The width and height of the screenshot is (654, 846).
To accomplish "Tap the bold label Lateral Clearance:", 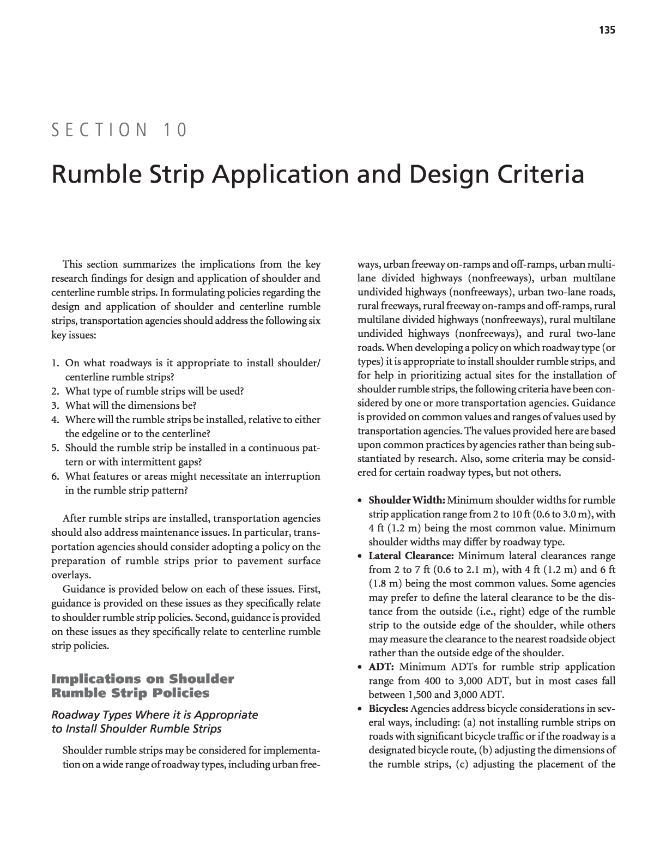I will [x=411, y=556].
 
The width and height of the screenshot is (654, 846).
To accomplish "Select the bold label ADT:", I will [x=381, y=667].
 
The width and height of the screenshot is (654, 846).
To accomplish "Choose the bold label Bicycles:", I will [x=389, y=709].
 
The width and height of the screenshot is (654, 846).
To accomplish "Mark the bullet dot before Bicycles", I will [x=361, y=709].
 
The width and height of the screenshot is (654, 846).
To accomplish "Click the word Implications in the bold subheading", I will [x=96, y=679].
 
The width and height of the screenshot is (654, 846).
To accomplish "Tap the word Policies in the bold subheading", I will [x=183, y=693].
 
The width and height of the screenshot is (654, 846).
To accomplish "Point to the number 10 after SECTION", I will [x=174, y=130].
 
